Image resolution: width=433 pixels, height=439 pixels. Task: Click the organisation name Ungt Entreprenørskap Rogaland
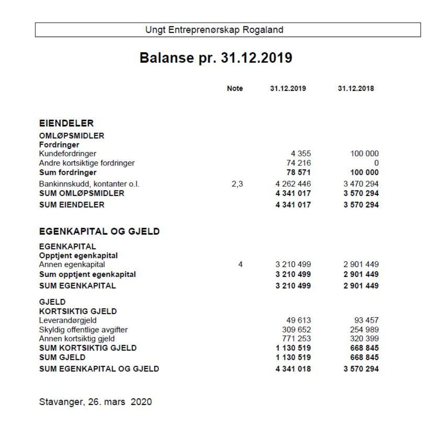pyautogui.click(x=214, y=30)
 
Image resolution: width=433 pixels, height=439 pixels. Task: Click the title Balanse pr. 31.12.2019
pyautogui.click(x=216, y=58)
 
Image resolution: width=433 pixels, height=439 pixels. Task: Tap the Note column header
pyautogui.click(x=235, y=89)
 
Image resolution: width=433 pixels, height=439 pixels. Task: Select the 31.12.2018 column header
pyautogui.click(x=355, y=89)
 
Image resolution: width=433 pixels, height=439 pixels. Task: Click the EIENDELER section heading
pyautogui.click(x=66, y=123)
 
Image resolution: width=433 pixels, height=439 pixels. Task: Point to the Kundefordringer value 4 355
pyautogui.click(x=301, y=154)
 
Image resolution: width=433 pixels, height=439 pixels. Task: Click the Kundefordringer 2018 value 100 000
pyautogui.click(x=364, y=154)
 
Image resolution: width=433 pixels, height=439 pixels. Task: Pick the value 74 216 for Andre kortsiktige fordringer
pyautogui.click(x=299, y=163)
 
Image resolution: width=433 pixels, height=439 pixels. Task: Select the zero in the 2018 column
pyautogui.click(x=376, y=163)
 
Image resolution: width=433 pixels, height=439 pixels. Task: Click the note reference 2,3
pyautogui.click(x=237, y=184)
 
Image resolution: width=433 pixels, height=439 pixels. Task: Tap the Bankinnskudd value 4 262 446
pyautogui.click(x=293, y=184)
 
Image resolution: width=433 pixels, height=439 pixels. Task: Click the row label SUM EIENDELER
pyautogui.click(x=72, y=205)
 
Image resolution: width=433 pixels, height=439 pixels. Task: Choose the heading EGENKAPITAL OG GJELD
pyautogui.click(x=99, y=231)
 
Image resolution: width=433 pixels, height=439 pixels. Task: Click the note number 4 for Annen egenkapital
pyautogui.click(x=240, y=265)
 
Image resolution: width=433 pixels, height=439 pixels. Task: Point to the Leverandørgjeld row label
pyautogui.click(x=68, y=320)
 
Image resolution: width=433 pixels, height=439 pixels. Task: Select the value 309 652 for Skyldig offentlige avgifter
pyautogui.click(x=296, y=329)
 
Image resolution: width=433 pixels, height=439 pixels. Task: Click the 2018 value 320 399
pyautogui.click(x=364, y=338)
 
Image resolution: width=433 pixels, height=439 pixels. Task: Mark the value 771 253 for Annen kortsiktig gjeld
pyautogui.click(x=296, y=338)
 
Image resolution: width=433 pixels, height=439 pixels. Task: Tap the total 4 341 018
pyautogui.click(x=293, y=369)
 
